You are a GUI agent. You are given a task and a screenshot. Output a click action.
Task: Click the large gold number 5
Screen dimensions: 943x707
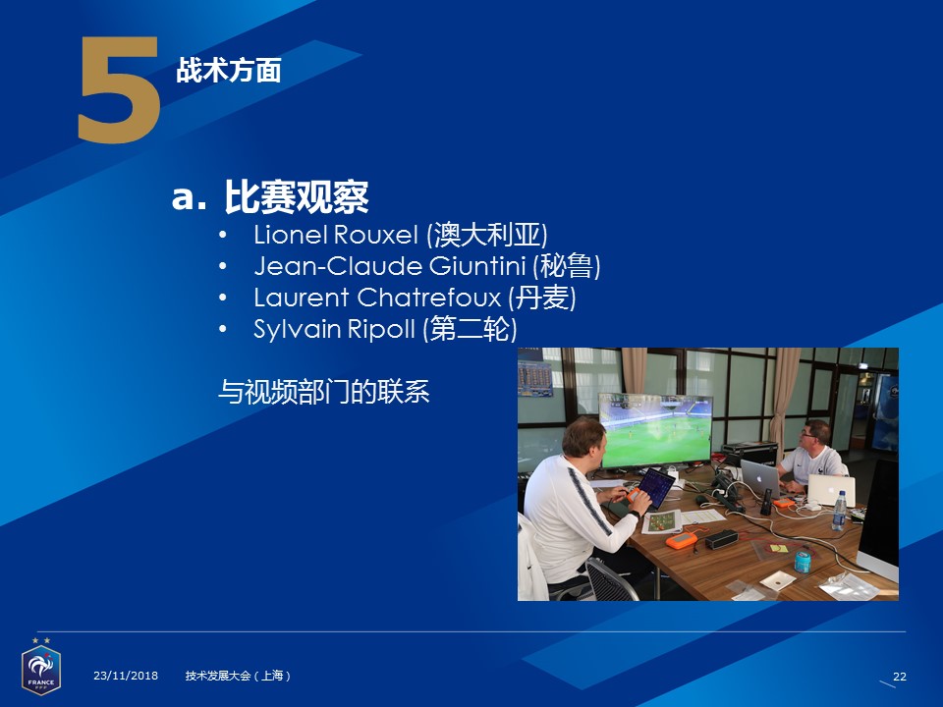pos(119,90)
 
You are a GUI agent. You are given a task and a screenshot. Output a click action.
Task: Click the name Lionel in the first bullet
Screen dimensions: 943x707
pos(291,235)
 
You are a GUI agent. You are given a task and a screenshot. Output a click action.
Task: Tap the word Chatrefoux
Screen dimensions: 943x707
pos(429,298)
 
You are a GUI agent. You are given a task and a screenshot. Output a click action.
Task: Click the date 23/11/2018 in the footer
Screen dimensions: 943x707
pos(126,676)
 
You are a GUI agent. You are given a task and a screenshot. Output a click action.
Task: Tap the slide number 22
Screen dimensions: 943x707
pos(900,677)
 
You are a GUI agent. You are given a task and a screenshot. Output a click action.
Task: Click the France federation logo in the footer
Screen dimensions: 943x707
pos(41,667)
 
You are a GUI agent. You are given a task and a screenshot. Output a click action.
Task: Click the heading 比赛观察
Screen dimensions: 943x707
pos(296,196)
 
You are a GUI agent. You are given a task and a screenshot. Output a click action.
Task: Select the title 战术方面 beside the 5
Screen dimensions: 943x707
pos(229,71)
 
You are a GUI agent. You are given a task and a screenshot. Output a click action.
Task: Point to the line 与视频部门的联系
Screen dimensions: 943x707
pos(323,392)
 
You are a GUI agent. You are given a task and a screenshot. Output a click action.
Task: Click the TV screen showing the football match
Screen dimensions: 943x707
pos(655,430)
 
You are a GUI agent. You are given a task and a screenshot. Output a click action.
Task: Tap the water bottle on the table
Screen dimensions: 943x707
pos(839,511)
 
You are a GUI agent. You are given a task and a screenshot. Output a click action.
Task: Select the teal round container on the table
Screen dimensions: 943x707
pos(803,562)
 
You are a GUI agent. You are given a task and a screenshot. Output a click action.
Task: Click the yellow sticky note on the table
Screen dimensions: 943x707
pos(779,548)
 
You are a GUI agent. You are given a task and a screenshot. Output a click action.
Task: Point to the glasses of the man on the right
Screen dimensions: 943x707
pos(807,433)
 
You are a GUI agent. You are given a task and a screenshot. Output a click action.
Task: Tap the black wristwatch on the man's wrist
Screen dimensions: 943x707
pos(634,514)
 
